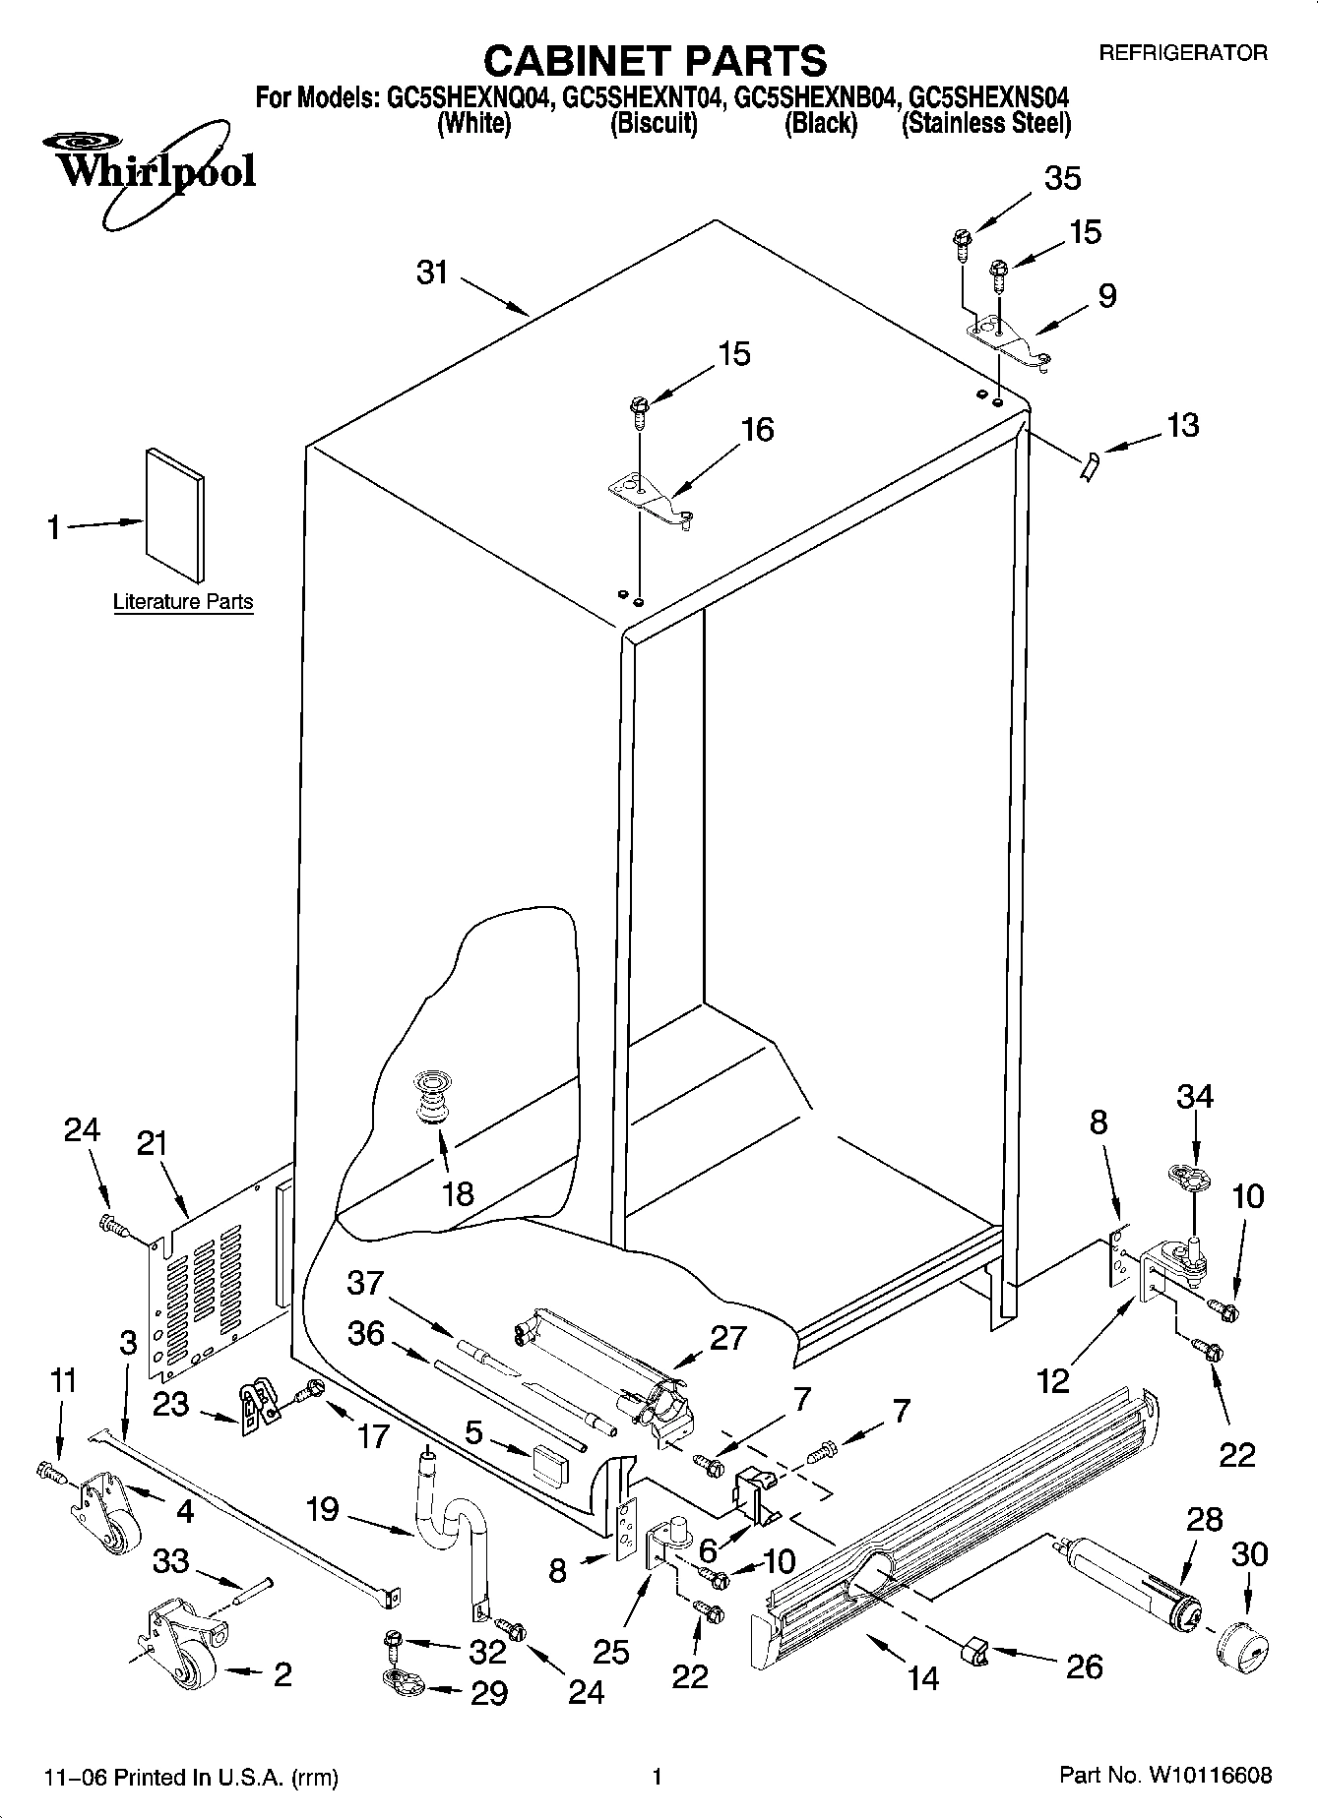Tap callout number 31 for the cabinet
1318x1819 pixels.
432,272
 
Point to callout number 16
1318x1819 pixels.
757,430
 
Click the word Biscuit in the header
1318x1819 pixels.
654,124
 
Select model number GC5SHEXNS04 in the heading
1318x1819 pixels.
988,98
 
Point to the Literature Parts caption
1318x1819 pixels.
183,602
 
